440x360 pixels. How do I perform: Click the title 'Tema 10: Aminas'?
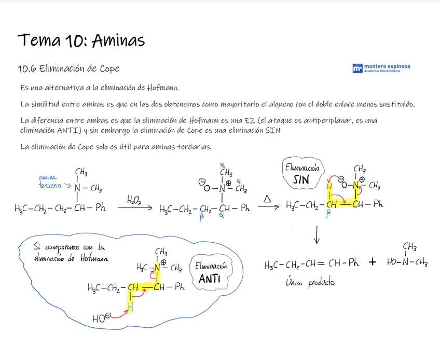pos(81,40)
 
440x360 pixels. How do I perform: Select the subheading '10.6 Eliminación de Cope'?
pos(68,68)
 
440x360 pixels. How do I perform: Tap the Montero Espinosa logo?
pos(381,68)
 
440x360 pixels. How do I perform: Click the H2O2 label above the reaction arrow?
pos(134,199)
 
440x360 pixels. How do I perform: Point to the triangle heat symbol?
pos(267,199)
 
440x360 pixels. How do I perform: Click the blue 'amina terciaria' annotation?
pos(50,181)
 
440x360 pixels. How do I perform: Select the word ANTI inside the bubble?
pos(210,279)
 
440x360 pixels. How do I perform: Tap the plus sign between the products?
pos(372,262)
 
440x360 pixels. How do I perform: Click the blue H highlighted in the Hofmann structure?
pos(131,307)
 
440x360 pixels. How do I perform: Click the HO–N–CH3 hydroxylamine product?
pos(407,262)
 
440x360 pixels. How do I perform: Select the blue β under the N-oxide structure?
pos(201,219)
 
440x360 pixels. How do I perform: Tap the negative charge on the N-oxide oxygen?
pos(201,182)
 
